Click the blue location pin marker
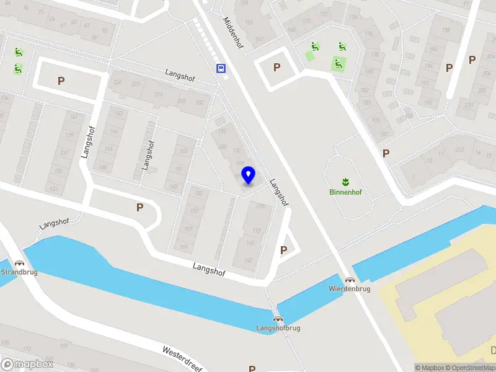248,175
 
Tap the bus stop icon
221,68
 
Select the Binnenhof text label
345,192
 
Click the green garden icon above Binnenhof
345,181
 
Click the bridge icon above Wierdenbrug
350,280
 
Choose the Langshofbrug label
278,328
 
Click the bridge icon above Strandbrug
19,263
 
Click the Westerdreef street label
184,358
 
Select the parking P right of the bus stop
277,67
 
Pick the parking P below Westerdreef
252,369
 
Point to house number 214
158,95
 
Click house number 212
459,149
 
